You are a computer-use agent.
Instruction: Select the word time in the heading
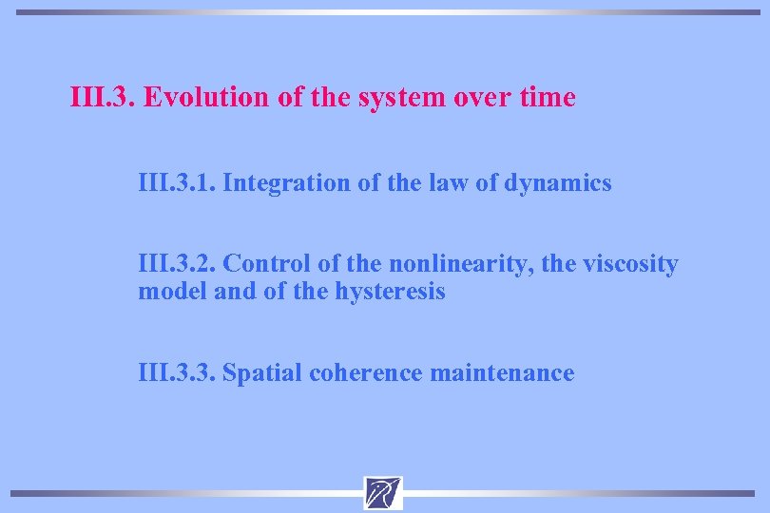click(546, 98)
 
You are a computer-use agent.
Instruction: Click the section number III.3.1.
click(177, 182)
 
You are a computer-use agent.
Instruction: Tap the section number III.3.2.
click(178, 263)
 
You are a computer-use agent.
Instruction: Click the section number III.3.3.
click(178, 373)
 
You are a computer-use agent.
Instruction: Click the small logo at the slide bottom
click(383, 493)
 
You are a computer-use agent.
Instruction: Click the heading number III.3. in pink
click(104, 98)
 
